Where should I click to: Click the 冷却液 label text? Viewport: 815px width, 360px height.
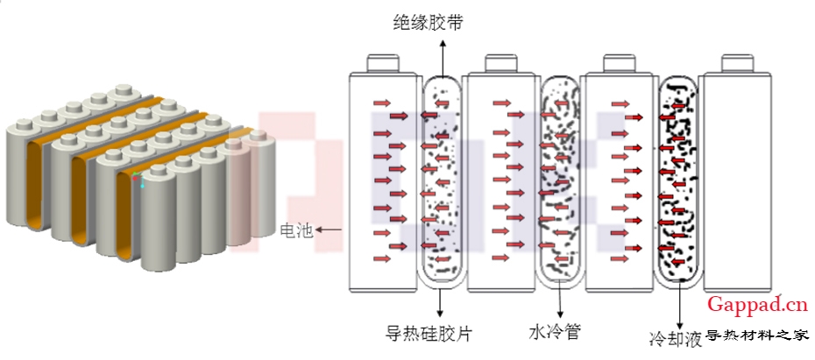675,339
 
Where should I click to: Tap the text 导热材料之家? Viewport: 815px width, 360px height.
757,335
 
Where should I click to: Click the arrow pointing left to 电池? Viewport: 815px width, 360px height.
330,231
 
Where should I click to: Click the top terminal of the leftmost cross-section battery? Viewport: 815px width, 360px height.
382,64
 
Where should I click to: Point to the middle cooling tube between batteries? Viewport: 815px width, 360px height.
558,184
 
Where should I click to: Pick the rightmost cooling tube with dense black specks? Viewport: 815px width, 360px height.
678,184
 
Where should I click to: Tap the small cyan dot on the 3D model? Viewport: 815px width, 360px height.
143,186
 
